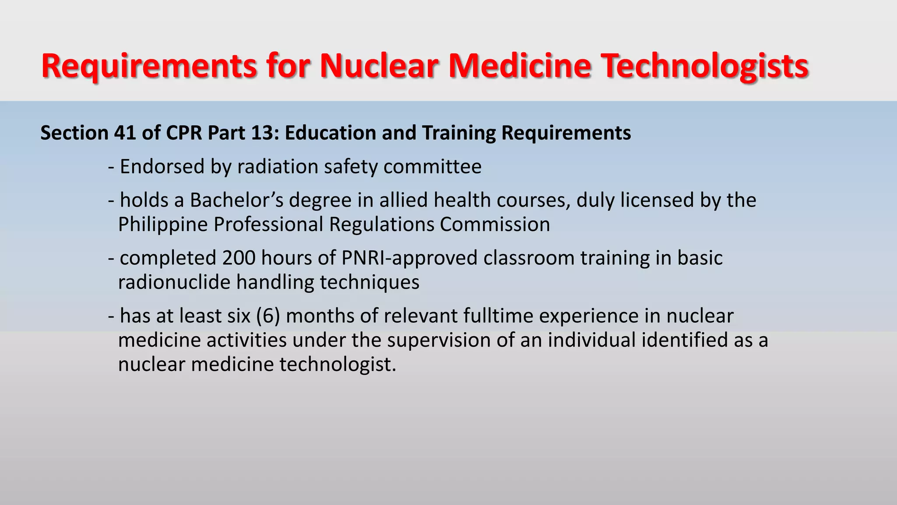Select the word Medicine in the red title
pos(519,66)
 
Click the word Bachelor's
pos(237,200)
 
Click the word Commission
pos(495,224)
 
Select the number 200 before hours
pos(239,258)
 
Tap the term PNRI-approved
pos(409,258)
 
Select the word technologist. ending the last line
pos(338,364)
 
